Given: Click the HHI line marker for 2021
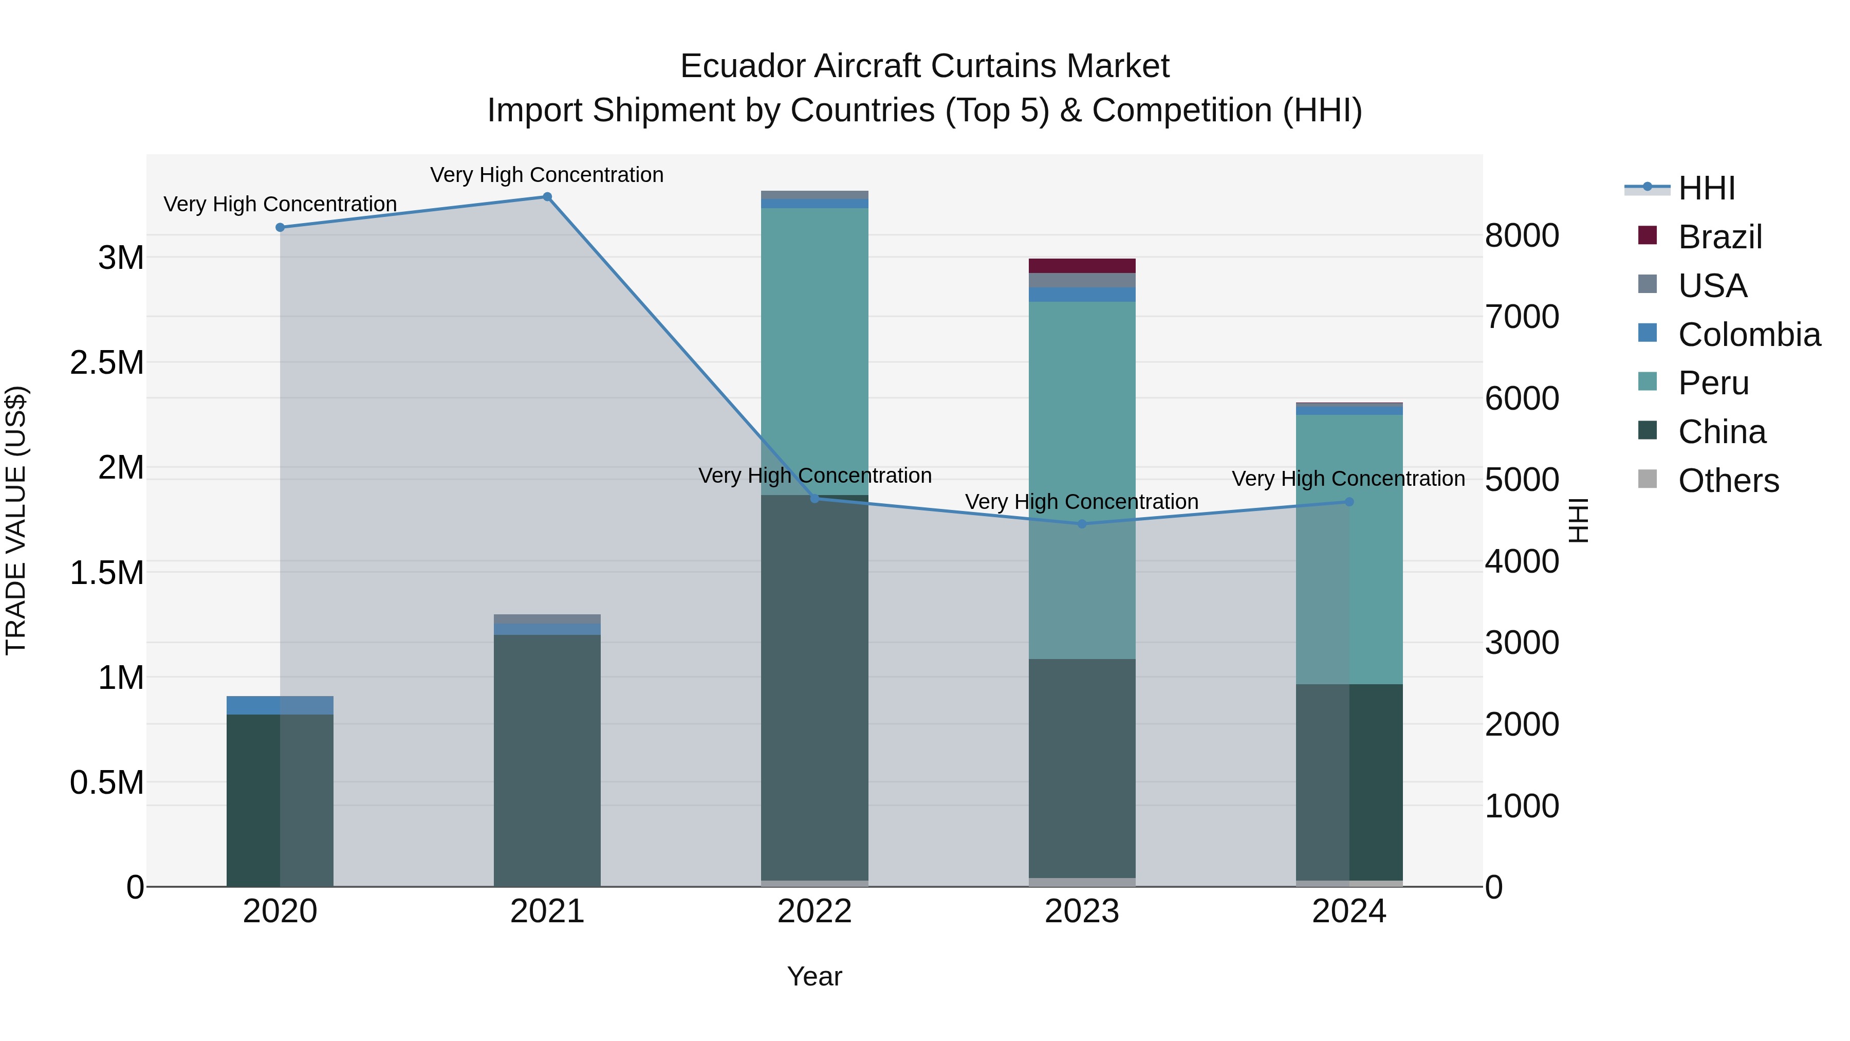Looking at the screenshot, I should tap(547, 197).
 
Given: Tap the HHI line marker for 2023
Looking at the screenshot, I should tap(1082, 524).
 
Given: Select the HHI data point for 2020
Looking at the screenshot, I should tap(280, 227).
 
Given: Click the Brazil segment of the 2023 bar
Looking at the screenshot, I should tap(1082, 266).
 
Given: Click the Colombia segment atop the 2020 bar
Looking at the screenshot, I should tap(280, 705).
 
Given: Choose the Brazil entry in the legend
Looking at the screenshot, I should tap(1720, 237).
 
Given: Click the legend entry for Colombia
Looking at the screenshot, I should tap(1749, 335).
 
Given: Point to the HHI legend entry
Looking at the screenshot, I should tap(1706, 188).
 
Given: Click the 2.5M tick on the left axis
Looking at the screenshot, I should tap(107, 363).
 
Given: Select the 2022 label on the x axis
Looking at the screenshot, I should tap(815, 911).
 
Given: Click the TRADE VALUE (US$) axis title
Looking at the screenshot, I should tap(16, 520).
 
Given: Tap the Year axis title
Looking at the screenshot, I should tap(815, 976).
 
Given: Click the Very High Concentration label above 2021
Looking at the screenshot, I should tap(547, 175).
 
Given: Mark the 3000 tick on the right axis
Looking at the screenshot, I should tap(1522, 643).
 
